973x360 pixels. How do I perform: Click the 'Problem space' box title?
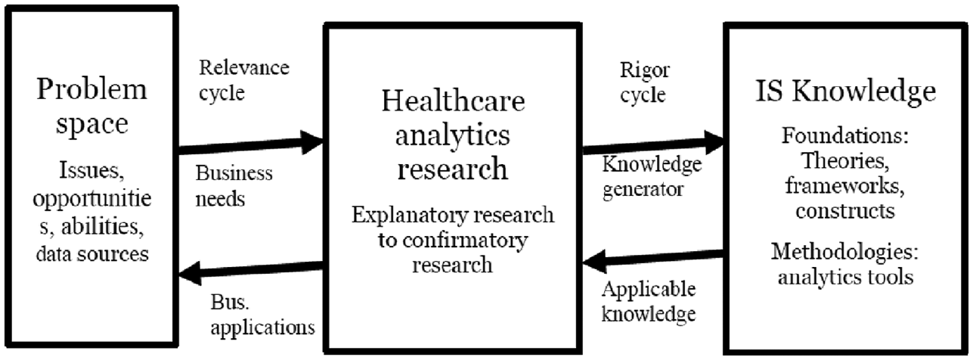click(92, 107)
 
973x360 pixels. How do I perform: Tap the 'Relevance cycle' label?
click(244, 80)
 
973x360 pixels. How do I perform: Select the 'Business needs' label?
click(234, 186)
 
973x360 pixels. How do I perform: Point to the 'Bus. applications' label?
click(262, 315)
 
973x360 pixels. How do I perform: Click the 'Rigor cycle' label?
click(645, 82)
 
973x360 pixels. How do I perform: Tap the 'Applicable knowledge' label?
click(649, 302)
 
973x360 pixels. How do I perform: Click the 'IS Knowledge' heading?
click(846, 92)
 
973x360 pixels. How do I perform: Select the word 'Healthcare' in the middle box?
click(453, 101)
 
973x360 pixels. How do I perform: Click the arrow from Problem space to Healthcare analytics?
click(251, 144)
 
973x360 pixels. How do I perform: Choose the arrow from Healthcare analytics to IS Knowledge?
click(653, 144)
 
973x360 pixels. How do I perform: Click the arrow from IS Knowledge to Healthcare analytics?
click(653, 259)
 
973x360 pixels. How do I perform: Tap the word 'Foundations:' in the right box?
click(845, 135)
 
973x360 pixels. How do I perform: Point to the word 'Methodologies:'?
click(845, 252)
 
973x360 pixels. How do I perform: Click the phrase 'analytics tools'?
click(845, 277)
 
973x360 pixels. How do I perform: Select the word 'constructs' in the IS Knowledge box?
click(845, 211)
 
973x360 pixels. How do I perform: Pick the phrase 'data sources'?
click(92, 254)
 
